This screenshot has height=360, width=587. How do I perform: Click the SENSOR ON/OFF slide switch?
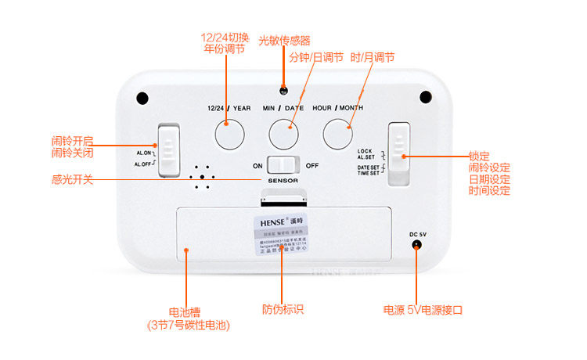283,165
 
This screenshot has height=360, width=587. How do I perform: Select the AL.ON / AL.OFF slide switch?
169,147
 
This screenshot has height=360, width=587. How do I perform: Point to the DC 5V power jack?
417,246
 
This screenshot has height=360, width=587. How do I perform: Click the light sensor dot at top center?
283,91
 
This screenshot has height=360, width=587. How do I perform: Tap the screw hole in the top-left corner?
142,98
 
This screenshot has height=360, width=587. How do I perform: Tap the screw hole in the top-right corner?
425,98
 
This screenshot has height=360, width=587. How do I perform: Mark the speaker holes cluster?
201,177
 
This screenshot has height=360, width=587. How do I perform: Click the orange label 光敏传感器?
284,40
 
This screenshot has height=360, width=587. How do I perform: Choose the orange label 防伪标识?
283,309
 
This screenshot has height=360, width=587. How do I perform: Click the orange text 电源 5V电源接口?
423,309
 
